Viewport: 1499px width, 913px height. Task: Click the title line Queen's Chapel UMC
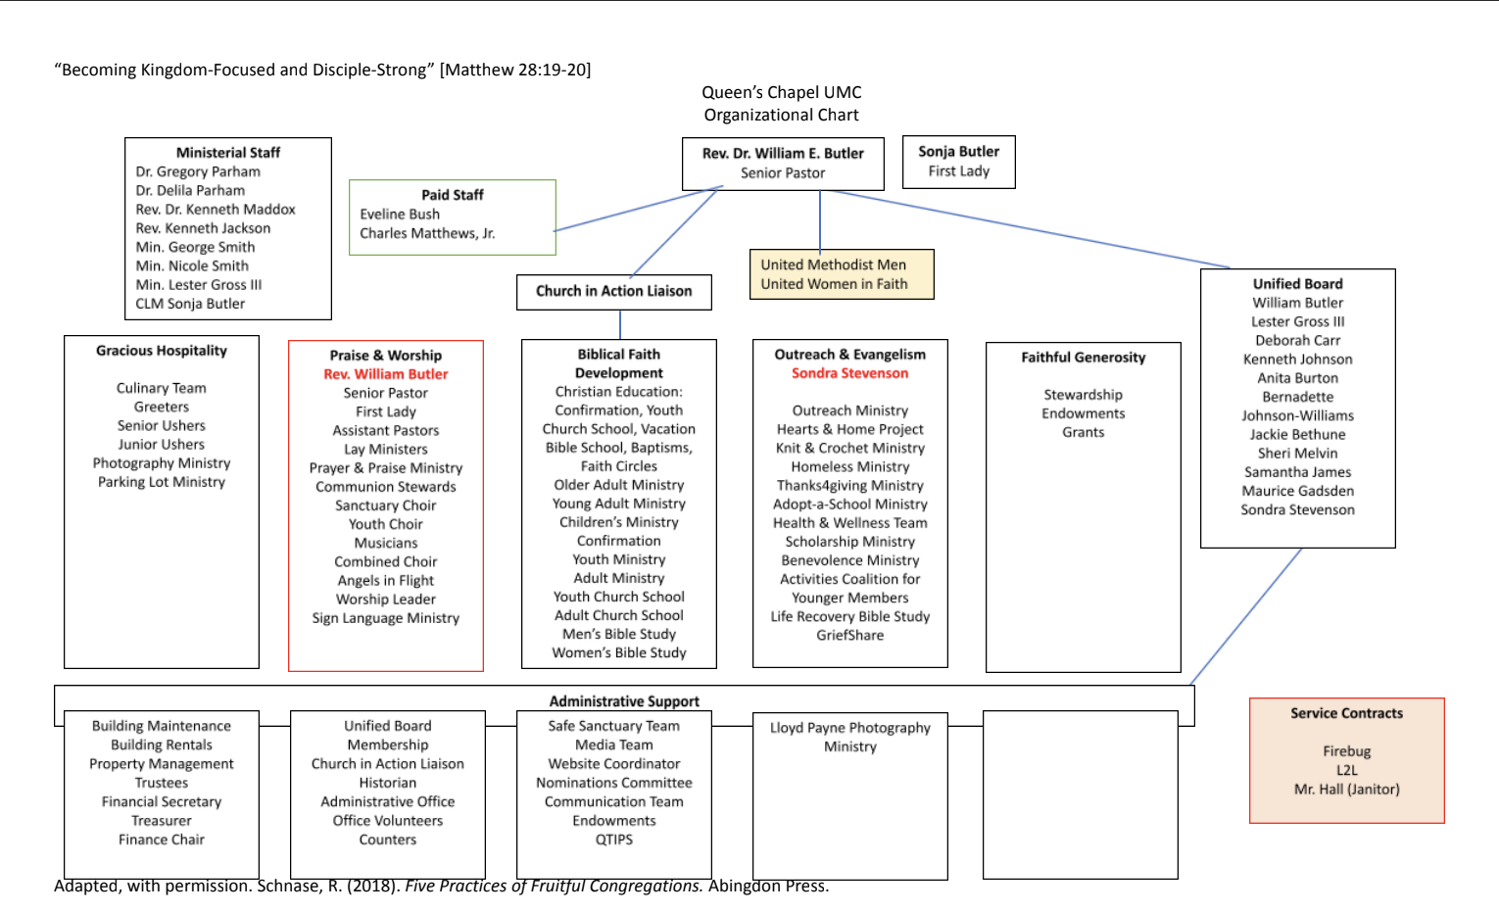pyautogui.click(x=781, y=92)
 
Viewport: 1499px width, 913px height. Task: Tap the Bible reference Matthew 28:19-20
pyautogui.click(x=515, y=70)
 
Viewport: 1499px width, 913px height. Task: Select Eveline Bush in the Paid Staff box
pyautogui.click(x=400, y=214)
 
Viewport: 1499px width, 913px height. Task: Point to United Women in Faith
pyautogui.click(x=834, y=284)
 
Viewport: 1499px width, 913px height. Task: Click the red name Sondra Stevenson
pyautogui.click(x=849, y=373)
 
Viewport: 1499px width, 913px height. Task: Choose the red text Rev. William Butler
pyautogui.click(x=385, y=374)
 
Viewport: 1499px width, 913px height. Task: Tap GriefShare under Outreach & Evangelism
pyautogui.click(x=849, y=635)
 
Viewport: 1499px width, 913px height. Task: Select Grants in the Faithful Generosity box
pyautogui.click(x=1083, y=432)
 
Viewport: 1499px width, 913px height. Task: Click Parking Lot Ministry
pyautogui.click(x=162, y=482)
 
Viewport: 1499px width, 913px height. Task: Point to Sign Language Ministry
pyautogui.click(x=385, y=618)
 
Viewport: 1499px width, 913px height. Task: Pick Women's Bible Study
pyautogui.click(x=618, y=652)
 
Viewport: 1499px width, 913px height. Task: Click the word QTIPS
pyautogui.click(x=613, y=840)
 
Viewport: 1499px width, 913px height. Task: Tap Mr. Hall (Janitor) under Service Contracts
pyautogui.click(x=1346, y=790)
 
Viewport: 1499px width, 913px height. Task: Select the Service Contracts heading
pyautogui.click(x=1346, y=713)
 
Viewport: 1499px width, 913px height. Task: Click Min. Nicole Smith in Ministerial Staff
pyautogui.click(x=192, y=265)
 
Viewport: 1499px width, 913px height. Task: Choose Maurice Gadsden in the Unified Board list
pyautogui.click(x=1297, y=491)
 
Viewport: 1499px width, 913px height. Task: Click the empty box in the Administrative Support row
pyautogui.click(x=1080, y=794)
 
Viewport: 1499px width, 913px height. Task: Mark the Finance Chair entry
pyautogui.click(x=162, y=840)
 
